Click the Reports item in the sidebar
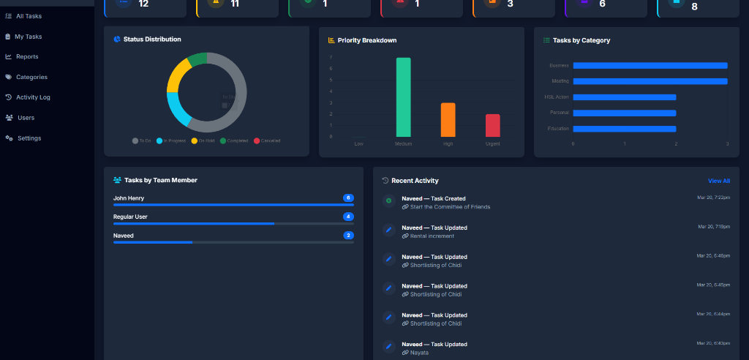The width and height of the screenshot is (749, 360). pyautogui.click(x=26, y=56)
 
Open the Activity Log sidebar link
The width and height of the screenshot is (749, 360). pyautogui.click(x=33, y=97)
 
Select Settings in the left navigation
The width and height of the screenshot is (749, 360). pyautogui.click(x=29, y=138)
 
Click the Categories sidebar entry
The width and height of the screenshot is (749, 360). pyautogui.click(x=31, y=77)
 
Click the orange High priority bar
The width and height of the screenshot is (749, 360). pyautogui.click(x=448, y=120)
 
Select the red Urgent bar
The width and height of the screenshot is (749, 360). pyautogui.click(x=492, y=125)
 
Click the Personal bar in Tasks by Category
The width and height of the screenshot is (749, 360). pyautogui.click(x=624, y=113)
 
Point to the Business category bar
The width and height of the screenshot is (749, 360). pyautogui.click(x=650, y=65)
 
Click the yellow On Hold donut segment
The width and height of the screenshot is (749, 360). pyautogui.click(x=178, y=76)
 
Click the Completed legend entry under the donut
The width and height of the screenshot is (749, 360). pyautogui.click(x=234, y=140)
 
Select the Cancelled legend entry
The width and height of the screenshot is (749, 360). pyautogui.click(x=267, y=140)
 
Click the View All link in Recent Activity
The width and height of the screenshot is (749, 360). pyautogui.click(x=718, y=181)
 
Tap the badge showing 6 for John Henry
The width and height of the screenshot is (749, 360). pyautogui.click(x=348, y=198)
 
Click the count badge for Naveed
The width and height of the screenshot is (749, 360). pyautogui.click(x=348, y=236)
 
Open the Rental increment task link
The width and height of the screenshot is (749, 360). pyautogui.click(x=432, y=236)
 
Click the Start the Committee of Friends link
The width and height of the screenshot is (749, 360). pyautogui.click(x=450, y=206)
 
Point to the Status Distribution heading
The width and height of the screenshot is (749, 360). pyautogui.click(x=152, y=40)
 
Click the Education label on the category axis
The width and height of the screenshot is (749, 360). pyautogui.click(x=558, y=129)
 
